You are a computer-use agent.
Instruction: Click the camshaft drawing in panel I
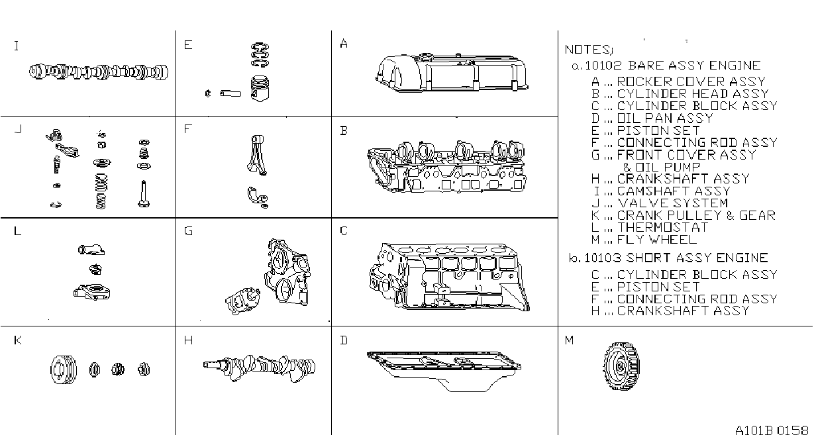coord(99,72)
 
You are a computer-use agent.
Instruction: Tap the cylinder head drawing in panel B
coord(446,166)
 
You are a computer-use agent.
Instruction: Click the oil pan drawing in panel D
coord(444,371)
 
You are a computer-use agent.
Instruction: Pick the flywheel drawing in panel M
coord(621,366)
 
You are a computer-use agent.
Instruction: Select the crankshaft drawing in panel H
coord(259,368)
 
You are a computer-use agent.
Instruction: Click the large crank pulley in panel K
coord(64,370)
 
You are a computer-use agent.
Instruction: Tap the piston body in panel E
coord(260,89)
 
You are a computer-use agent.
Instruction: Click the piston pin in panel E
coord(230,94)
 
